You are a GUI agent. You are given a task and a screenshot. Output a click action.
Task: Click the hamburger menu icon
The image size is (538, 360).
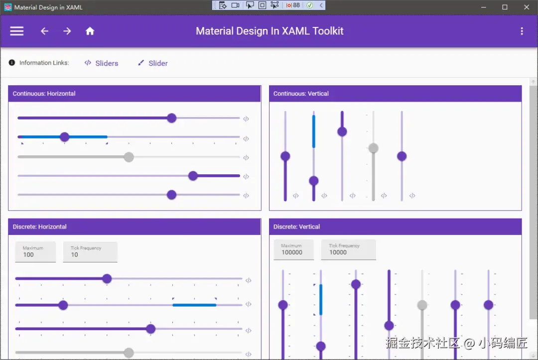pyautogui.click(x=16, y=31)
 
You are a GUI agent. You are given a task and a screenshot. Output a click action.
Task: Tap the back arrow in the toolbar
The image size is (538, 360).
pyautogui.click(x=45, y=31)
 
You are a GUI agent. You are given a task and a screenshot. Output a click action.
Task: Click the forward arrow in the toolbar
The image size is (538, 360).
pyautogui.click(x=67, y=31)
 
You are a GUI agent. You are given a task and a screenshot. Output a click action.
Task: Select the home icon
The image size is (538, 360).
pyautogui.click(x=90, y=31)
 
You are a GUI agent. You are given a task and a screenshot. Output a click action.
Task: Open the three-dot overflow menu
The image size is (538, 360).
pyautogui.click(x=522, y=31)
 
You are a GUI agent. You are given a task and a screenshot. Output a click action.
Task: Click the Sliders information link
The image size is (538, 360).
pyautogui.click(x=101, y=63)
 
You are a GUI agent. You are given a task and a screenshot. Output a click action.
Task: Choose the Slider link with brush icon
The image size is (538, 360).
pyautogui.click(x=153, y=63)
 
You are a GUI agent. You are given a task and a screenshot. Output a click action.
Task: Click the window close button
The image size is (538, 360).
pyautogui.click(x=527, y=7)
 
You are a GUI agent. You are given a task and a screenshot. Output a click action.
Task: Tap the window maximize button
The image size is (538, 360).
pyautogui.click(x=505, y=7)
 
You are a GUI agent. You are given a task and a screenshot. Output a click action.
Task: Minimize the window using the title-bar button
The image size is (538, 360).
pyautogui.click(x=483, y=7)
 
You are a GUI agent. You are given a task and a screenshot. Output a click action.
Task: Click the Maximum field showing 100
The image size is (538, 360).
pyautogui.click(x=35, y=252)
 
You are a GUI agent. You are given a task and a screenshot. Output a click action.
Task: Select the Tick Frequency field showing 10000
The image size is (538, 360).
pyautogui.click(x=348, y=249)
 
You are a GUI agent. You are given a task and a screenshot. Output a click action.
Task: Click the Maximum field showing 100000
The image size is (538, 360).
pyautogui.click(x=294, y=249)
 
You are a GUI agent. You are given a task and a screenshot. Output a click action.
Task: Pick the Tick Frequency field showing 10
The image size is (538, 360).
pyautogui.click(x=90, y=252)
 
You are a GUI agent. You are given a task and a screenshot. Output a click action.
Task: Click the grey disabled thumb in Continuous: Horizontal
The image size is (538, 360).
pyautogui.click(x=129, y=157)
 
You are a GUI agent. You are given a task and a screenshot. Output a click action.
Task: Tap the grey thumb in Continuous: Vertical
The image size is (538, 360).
pyautogui.click(x=373, y=148)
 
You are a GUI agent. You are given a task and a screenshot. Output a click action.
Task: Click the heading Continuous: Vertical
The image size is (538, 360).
pyautogui.click(x=301, y=94)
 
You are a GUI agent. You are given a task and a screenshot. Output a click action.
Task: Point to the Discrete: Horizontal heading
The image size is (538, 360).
pyautogui.click(x=39, y=227)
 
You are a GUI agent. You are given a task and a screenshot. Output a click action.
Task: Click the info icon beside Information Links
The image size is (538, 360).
pyautogui.click(x=11, y=62)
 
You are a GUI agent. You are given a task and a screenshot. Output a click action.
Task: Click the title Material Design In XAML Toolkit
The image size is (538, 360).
pyautogui.click(x=269, y=31)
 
